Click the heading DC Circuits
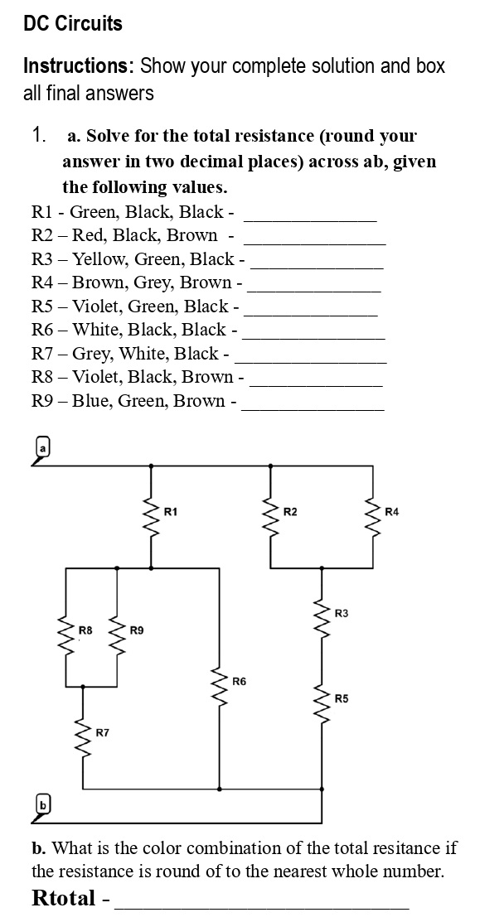[73, 24]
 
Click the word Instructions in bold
[79, 66]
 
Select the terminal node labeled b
[39, 802]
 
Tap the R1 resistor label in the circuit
[171, 511]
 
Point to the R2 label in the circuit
[290, 511]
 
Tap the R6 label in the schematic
[240, 681]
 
